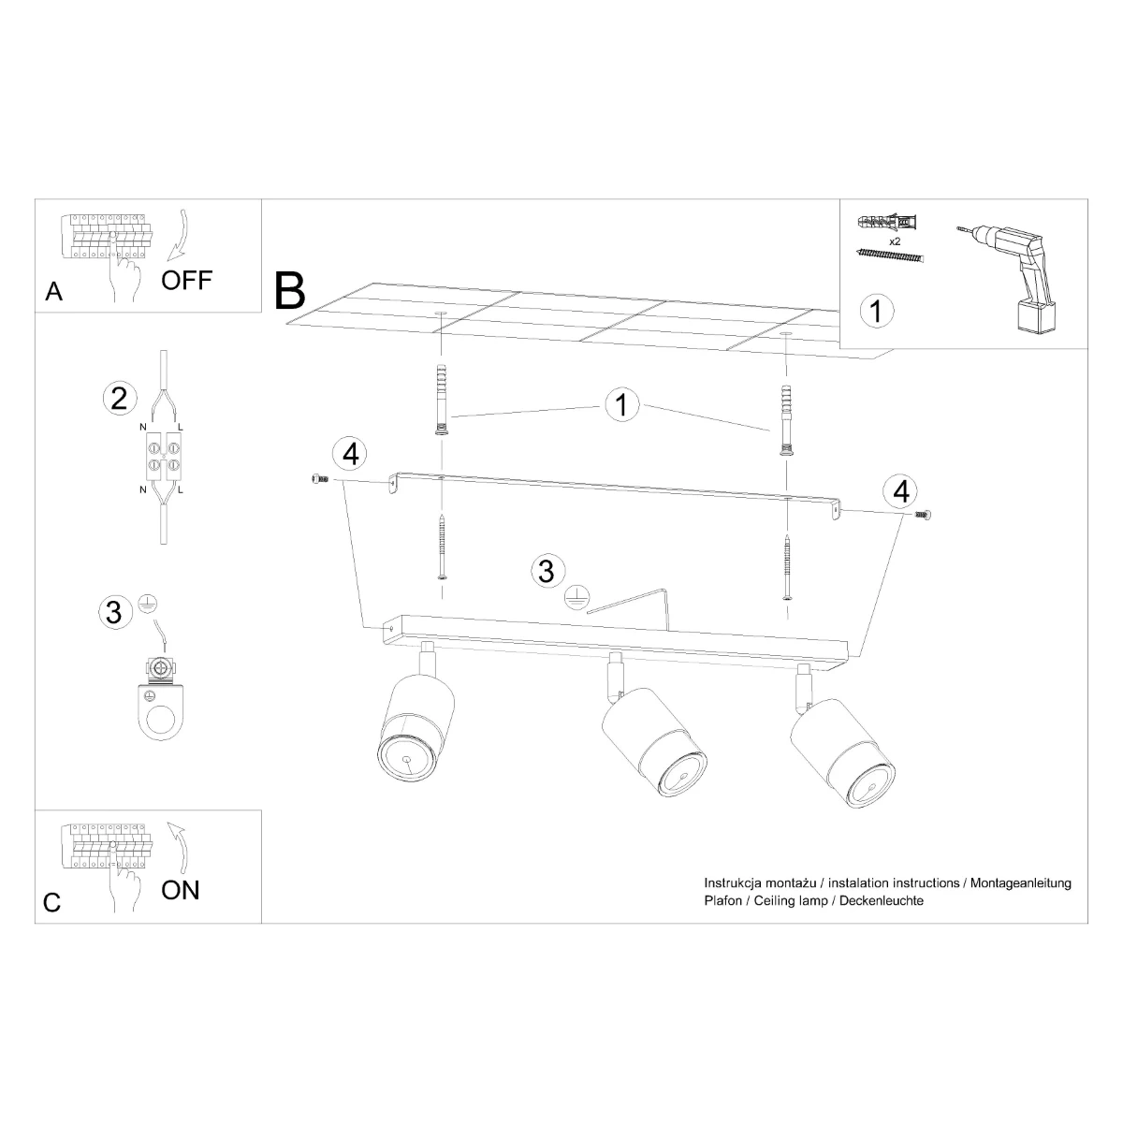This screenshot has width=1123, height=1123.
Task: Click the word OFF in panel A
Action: point(186,281)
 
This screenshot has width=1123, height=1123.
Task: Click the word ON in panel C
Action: point(181,890)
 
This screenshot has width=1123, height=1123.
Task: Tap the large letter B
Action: point(289,291)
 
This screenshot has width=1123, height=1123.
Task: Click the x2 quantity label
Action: point(895,241)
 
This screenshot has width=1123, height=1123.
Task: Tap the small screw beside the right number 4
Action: point(923,514)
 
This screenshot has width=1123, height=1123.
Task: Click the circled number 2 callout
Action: point(120,399)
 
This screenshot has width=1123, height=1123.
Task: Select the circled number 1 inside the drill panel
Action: point(877,311)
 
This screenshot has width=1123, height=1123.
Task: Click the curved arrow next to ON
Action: point(179,849)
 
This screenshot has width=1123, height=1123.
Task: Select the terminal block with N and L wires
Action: point(164,460)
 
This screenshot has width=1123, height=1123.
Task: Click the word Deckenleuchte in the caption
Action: point(882,900)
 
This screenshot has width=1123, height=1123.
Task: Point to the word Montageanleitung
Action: point(1020,882)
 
